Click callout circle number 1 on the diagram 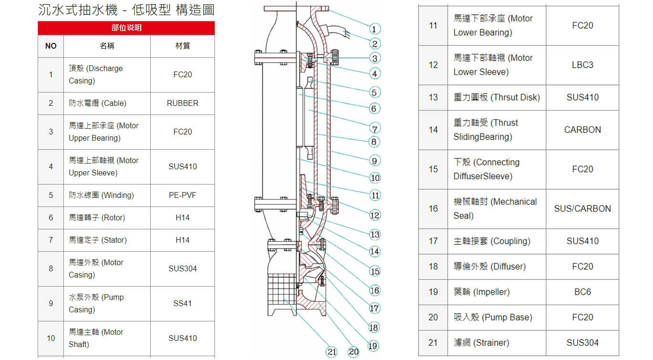(375, 29)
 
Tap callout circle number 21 (331, 351)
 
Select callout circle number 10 (375, 178)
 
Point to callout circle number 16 (375, 290)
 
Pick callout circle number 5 (375, 92)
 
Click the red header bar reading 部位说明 (126, 28)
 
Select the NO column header (51, 46)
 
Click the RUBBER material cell (183, 103)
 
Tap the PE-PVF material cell (183, 195)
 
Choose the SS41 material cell (183, 303)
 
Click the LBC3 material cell (582, 65)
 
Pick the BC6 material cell (582, 292)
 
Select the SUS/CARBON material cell (582, 208)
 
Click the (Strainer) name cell (497, 342)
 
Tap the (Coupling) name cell (497, 241)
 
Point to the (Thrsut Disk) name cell (497, 97)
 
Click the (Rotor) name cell (107, 217)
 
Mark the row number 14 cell (433, 130)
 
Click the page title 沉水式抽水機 (78, 10)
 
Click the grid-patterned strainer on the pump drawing (282, 289)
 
